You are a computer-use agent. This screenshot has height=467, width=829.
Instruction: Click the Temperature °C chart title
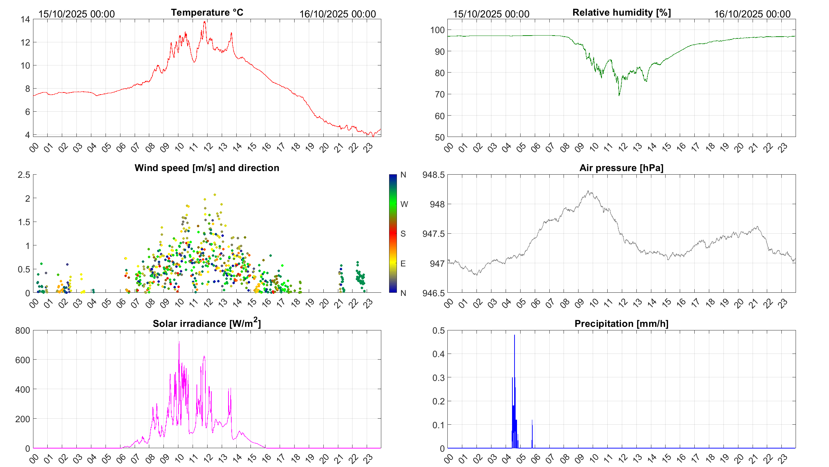(207, 12)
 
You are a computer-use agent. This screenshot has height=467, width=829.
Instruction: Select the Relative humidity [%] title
(621, 12)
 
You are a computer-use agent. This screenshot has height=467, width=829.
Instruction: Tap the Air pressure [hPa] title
(621, 168)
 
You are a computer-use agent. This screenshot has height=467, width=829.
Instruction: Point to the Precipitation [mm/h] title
(621, 324)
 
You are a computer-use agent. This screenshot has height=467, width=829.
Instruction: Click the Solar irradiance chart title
(207, 323)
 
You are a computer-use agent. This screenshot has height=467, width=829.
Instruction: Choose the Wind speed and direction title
(207, 168)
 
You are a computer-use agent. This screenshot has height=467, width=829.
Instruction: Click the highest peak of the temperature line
(205, 22)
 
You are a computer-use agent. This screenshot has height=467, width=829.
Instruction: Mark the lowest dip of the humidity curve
(619, 95)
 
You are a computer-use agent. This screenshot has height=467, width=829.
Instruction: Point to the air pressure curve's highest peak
(588, 191)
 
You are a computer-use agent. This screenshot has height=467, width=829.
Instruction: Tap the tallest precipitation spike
(514, 335)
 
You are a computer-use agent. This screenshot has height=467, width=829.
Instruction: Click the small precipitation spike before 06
(532, 421)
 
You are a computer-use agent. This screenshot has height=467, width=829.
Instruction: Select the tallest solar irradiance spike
(179, 342)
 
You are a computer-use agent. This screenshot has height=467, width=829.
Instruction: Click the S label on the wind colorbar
(403, 234)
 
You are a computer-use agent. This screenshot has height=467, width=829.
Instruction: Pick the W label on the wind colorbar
(404, 204)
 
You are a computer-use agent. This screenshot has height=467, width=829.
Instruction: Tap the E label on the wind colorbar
(403, 264)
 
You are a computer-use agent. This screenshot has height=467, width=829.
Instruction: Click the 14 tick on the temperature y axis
(25, 20)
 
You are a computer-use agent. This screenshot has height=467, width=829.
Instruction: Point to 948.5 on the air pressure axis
(433, 175)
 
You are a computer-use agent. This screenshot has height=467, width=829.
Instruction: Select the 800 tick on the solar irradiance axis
(23, 330)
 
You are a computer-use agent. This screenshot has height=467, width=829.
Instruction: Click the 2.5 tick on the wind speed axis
(24, 175)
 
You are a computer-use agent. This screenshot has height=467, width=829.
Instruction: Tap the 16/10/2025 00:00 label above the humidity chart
(752, 14)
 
